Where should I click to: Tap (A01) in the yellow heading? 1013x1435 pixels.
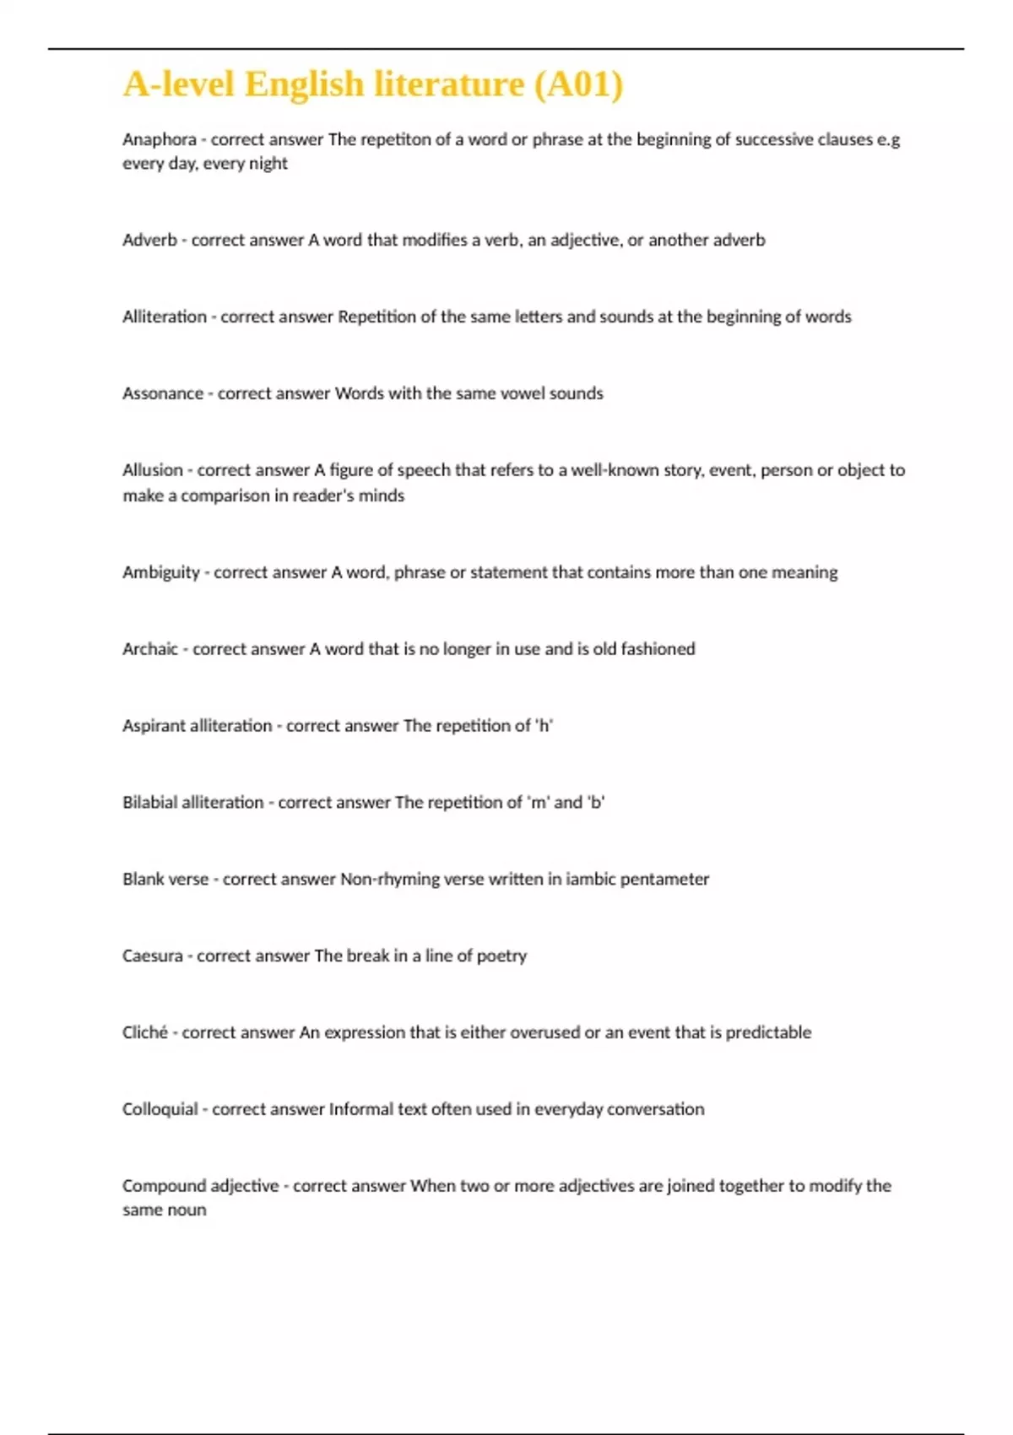(x=579, y=84)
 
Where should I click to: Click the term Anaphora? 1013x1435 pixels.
(x=159, y=139)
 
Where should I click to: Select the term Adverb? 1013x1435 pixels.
(x=149, y=240)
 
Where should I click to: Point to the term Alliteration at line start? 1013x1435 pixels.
(x=164, y=317)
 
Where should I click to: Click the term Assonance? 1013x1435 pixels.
(x=163, y=393)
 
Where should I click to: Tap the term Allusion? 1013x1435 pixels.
(x=152, y=470)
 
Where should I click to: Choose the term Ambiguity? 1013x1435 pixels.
(x=160, y=572)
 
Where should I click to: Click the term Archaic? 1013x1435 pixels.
(x=150, y=649)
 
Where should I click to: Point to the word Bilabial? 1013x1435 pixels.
(x=149, y=803)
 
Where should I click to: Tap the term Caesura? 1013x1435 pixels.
(x=152, y=956)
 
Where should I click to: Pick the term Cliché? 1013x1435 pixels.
(x=144, y=1032)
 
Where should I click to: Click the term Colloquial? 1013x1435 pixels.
(x=160, y=1109)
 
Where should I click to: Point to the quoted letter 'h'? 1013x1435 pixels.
(x=544, y=726)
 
